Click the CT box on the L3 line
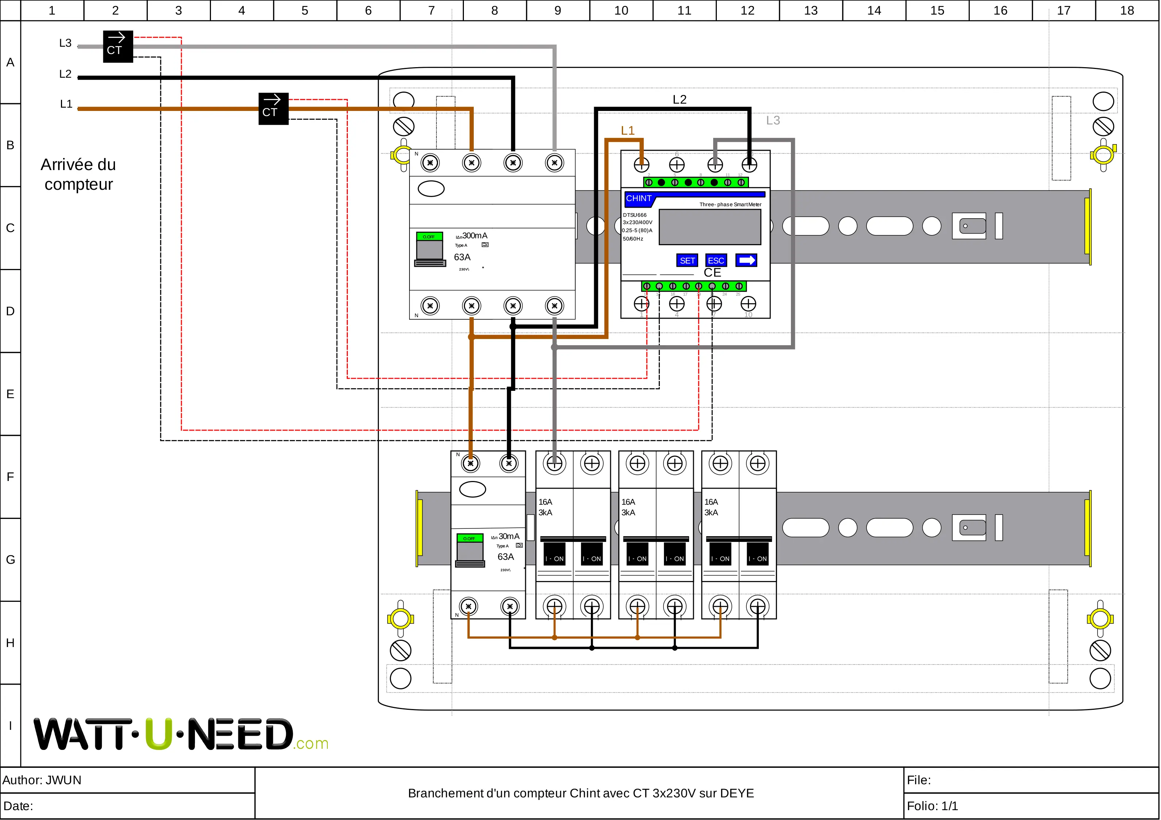tap(118, 46)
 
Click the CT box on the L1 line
tap(273, 108)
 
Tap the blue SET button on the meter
tap(687, 260)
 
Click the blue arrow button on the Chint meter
tap(746, 260)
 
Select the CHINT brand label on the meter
tap(639, 198)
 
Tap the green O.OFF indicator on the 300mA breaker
tap(429, 236)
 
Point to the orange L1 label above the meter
tap(627, 130)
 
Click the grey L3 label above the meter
tap(773, 120)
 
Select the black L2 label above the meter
tap(679, 100)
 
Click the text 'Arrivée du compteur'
tap(78, 174)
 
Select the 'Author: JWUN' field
tap(42, 780)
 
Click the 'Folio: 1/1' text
tap(932, 806)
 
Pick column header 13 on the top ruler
tap(811, 10)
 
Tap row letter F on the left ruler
tap(10, 477)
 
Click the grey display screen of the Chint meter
tap(710, 227)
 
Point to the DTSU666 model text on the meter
tap(635, 215)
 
